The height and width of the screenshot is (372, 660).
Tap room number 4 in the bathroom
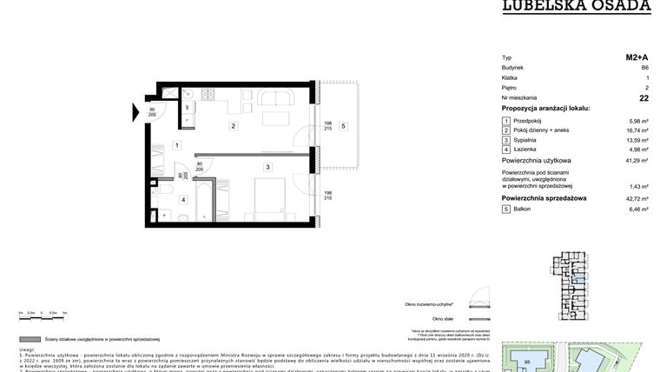pos(183,200)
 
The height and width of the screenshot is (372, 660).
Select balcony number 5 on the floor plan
pos(344,127)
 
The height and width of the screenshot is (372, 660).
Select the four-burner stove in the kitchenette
pos(208,94)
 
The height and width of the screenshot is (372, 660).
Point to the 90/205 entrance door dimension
pos(152,112)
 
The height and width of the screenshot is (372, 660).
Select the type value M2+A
pos(637,57)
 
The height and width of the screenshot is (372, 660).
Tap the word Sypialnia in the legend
pos(525,140)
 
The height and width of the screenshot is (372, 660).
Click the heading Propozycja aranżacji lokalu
pos(545,108)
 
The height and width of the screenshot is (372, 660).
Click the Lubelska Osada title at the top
pos(576,6)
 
